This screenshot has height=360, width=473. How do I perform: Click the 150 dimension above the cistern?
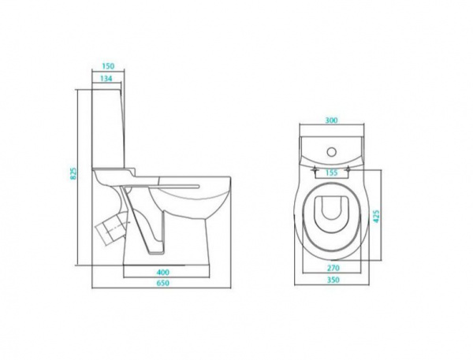[x=108, y=65]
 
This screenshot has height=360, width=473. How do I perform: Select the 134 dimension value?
[x=106, y=79]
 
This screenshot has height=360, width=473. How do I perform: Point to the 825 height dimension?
[x=73, y=173]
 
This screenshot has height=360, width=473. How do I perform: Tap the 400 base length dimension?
[x=163, y=273]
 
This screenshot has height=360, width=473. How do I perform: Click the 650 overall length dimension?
[x=163, y=283]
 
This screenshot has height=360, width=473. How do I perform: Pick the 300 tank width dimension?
[x=331, y=120]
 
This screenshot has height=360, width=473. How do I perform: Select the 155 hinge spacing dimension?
[x=332, y=173]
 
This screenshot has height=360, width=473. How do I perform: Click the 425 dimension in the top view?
[x=376, y=215]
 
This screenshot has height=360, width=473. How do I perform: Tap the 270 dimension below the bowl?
[x=333, y=267]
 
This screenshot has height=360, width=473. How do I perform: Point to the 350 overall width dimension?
[x=333, y=280]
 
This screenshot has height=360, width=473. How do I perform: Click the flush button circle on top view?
[x=332, y=152]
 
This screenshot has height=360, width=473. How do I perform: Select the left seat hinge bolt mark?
[x=315, y=169]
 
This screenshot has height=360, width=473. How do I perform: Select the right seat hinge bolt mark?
[x=349, y=169]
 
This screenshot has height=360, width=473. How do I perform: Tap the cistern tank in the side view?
[x=108, y=128]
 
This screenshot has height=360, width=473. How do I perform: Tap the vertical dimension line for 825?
[x=78, y=177]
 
